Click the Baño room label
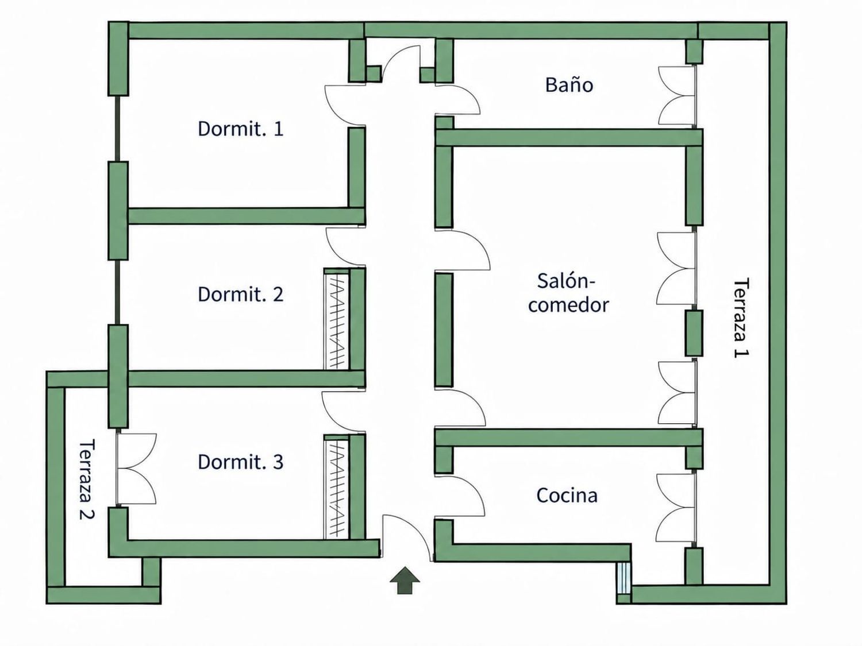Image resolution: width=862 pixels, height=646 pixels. pos(569,85)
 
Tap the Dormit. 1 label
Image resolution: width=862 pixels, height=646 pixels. pos(241,129)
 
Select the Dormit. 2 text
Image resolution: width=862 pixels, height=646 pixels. pos(241,295)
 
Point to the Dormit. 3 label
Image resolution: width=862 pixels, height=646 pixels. pos(241,462)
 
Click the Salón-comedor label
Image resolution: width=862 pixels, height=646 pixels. pos(568,293)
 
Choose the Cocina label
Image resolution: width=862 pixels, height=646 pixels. pos(567,496)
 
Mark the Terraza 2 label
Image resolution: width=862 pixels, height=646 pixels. pos(87,479)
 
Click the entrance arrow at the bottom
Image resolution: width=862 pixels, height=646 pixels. pos(405,580)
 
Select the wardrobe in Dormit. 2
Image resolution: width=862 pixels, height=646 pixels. pos(336,319)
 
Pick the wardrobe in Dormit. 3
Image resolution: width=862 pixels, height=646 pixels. pos(336,487)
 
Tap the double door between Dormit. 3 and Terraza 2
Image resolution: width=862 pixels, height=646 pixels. pos(137,469)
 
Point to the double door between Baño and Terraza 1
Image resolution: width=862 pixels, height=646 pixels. pos(677,96)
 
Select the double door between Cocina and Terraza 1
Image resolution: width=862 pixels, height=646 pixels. pos(675,508)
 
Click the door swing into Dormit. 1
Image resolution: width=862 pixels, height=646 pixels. pos(345,106)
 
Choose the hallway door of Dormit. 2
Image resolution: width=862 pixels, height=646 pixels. pos(346,247)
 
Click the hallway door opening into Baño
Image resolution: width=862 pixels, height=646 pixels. pos(458,99)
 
